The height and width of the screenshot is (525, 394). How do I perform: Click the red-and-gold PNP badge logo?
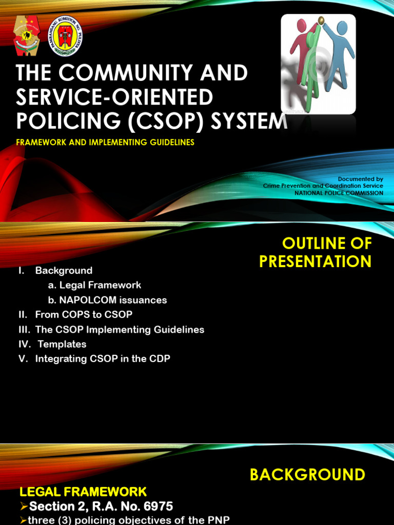coord(27,36)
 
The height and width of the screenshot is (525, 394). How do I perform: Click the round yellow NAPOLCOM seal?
coord(66,36)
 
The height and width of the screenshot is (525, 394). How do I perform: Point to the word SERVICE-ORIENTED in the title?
coord(114,97)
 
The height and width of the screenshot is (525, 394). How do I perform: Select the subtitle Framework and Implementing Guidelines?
coord(105,143)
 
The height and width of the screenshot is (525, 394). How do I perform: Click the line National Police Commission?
coord(339,193)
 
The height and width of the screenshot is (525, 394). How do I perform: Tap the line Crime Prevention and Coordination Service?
coord(323,186)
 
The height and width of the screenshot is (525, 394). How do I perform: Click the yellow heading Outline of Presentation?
coord(316,252)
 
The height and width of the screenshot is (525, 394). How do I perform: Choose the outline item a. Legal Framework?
coord(94,285)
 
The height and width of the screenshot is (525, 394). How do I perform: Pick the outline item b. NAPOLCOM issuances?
coord(107,300)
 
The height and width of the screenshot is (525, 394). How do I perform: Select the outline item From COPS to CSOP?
coord(84,314)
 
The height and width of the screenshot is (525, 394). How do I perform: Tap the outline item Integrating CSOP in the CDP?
coord(103,359)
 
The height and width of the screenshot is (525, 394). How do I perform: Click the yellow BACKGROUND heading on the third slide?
coord(307,475)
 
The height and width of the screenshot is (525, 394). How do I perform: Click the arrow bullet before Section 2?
coord(24,507)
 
